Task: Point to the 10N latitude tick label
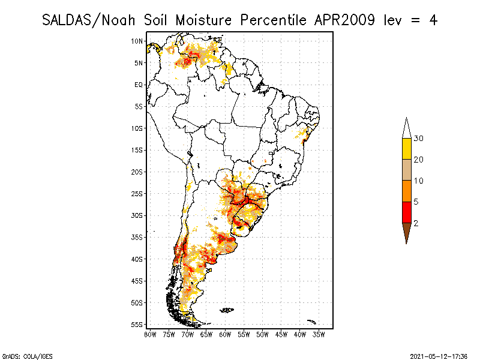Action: [x=137, y=41]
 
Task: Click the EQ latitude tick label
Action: [x=139, y=85]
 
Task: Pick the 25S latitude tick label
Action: [x=137, y=193]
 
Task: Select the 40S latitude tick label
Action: [x=137, y=259]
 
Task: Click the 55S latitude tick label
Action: [x=137, y=324]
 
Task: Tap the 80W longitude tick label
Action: [x=149, y=334]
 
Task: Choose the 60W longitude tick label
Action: [x=226, y=334]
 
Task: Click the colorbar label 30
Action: [x=419, y=139]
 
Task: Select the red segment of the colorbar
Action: [x=406, y=212]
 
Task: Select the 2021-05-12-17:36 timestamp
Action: [x=439, y=355]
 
